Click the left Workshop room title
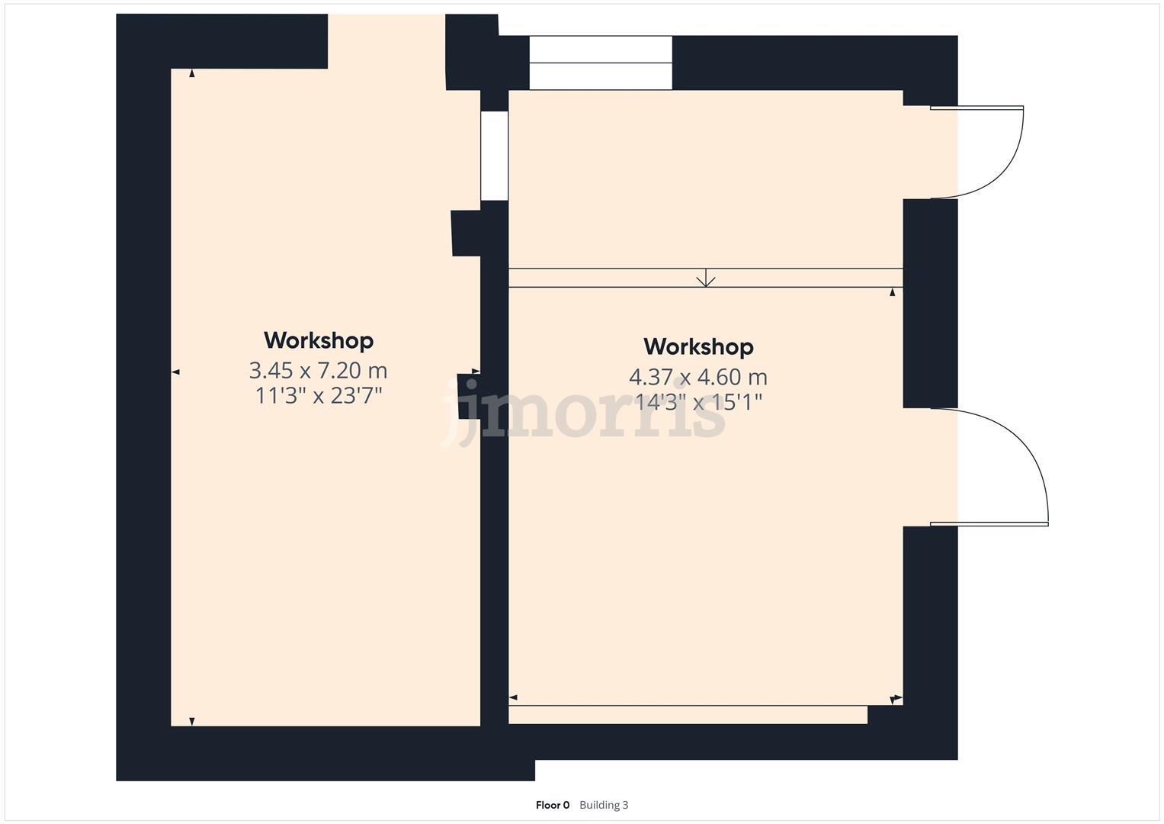(319, 340)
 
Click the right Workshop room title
(698, 347)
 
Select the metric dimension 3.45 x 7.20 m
(318, 371)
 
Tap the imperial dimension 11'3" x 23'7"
(318, 396)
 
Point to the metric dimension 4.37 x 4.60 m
(697, 377)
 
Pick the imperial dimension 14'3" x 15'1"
(697, 402)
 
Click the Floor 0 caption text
(553, 805)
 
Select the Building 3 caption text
(604, 805)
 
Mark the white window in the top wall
(601, 63)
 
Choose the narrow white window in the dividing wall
(494, 156)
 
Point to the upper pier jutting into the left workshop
(466, 233)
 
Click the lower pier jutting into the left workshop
(467, 396)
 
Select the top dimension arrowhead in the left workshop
(192, 73)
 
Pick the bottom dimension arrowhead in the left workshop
(192, 721)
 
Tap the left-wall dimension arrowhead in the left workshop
(175, 372)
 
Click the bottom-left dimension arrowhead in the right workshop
(513, 697)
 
